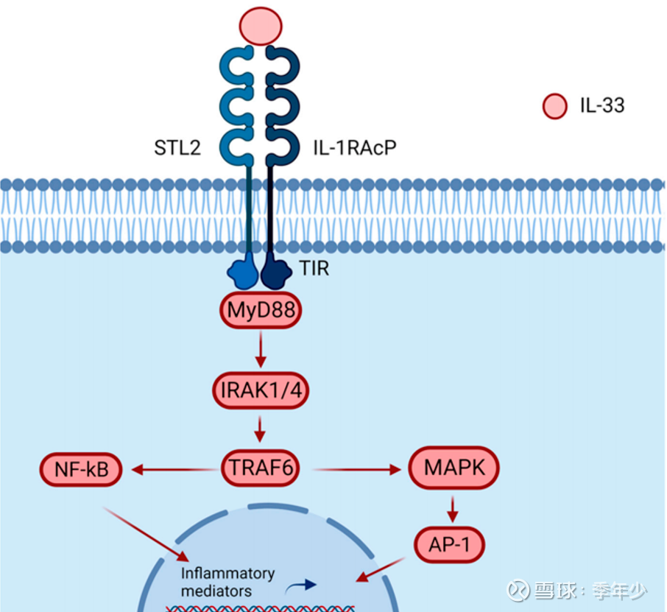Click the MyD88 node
(x=261, y=312)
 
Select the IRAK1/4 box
(x=261, y=391)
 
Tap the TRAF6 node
(x=261, y=468)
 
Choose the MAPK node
(x=454, y=467)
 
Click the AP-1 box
(x=454, y=544)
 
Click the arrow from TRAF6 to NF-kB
(x=174, y=469)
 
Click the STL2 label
(x=177, y=148)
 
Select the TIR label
(x=314, y=269)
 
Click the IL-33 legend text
(x=601, y=105)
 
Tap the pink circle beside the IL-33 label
(x=554, y=106)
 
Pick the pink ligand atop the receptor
(x=260, y=25)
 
